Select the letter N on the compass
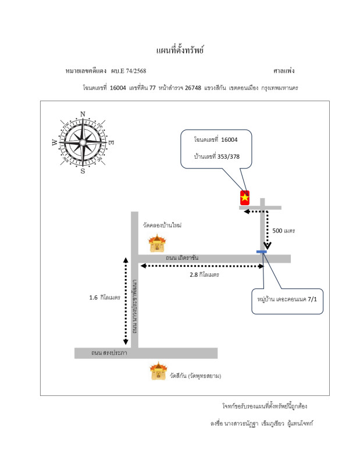coord(83,114)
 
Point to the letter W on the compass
coord(55,142)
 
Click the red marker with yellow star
coord(245,198)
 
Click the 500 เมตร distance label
coord(284,231)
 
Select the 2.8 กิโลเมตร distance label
coord(204,274)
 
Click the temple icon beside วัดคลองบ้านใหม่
coord(157,243)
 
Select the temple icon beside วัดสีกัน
coord(158,371)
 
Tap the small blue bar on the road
coord(262,252)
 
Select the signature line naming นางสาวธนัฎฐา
coord(261,423)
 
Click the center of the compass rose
coord(83,141)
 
